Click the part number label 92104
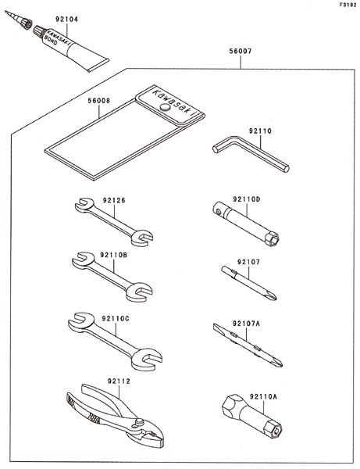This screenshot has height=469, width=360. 66,19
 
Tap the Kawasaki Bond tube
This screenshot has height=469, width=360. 70,48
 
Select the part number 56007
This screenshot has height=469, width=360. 241,51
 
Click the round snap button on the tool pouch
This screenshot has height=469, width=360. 165,107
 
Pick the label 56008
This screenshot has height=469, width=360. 99,101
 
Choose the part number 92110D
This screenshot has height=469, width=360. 247,199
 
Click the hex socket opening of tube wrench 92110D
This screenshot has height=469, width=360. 272,239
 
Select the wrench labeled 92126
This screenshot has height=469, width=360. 114,222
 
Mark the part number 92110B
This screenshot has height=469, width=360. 114,255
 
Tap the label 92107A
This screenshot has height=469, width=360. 247,324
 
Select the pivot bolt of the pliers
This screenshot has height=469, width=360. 138,422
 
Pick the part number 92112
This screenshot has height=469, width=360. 119,381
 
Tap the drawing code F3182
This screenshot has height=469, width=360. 348,5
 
